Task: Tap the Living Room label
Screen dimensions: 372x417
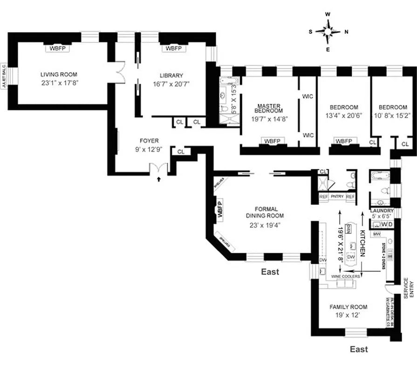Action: [x=58, y=74]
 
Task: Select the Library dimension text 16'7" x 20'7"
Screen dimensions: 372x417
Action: [x=171, y=84]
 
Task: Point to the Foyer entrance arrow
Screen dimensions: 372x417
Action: [x=159, y=178]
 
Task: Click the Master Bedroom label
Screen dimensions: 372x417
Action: [x=269, y=107]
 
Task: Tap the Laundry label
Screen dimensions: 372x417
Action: [x=382, y=210]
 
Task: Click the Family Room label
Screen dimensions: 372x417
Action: [x=348, y=307]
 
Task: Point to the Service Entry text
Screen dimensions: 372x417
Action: [x=405, y=288]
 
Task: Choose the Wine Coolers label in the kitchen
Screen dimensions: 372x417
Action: [x=345, y=276]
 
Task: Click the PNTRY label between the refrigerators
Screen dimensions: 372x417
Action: [x=337, y=197]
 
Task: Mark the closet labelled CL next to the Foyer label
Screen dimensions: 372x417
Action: [x=181, y=152]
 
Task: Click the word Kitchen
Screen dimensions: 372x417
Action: [x=362, y=243]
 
